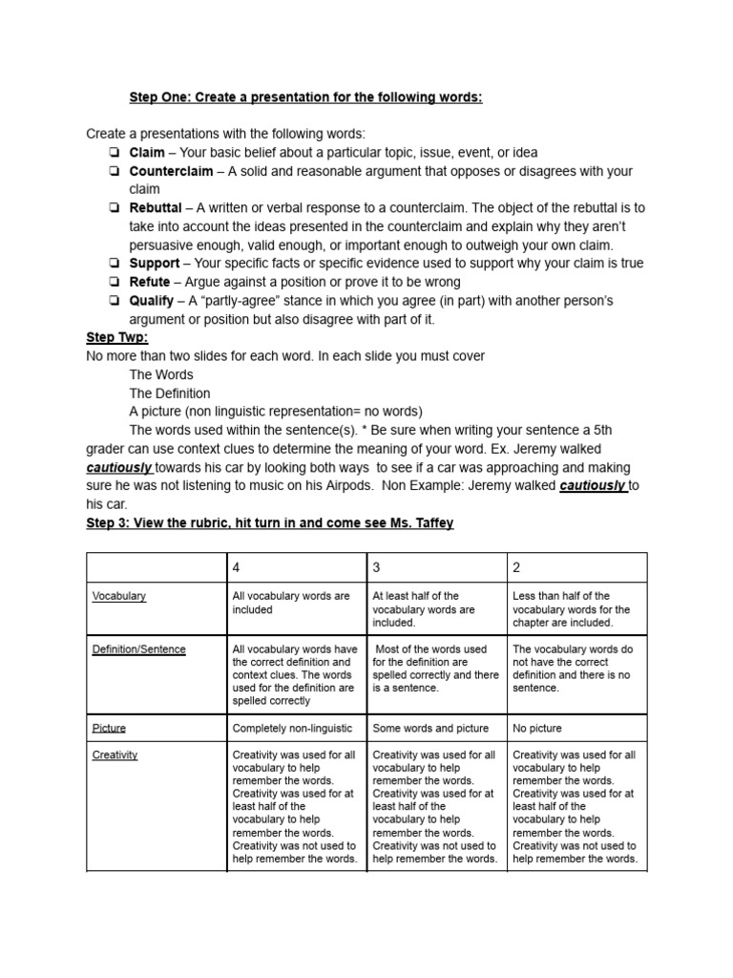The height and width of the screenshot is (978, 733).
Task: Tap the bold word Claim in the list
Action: tap(147, 153)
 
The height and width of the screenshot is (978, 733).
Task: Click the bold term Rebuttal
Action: tap(155, 208)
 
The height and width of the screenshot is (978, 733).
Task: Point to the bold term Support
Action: tap(154, 264)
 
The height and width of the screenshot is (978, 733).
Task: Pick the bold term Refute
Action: tap(150, 282)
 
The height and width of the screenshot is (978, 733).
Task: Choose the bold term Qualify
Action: tap(152, 301)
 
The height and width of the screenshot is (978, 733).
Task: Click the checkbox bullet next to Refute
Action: tap(114, 283)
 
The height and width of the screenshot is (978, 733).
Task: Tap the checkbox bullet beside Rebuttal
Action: tap(114, 209)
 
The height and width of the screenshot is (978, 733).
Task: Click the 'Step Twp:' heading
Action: tap(114, 338)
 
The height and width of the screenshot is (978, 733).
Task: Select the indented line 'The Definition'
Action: tap(170, 393)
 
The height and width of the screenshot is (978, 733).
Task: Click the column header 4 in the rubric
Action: tap(237, 567)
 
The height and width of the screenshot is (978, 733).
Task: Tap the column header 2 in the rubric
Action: tap(516, 567)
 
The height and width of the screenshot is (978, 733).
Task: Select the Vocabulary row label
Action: tap(119, 596)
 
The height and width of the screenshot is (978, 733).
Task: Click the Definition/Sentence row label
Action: tap(139, 649)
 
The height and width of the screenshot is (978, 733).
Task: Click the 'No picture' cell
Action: tap(537, 728)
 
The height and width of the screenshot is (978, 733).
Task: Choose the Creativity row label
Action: tap(115, 755)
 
